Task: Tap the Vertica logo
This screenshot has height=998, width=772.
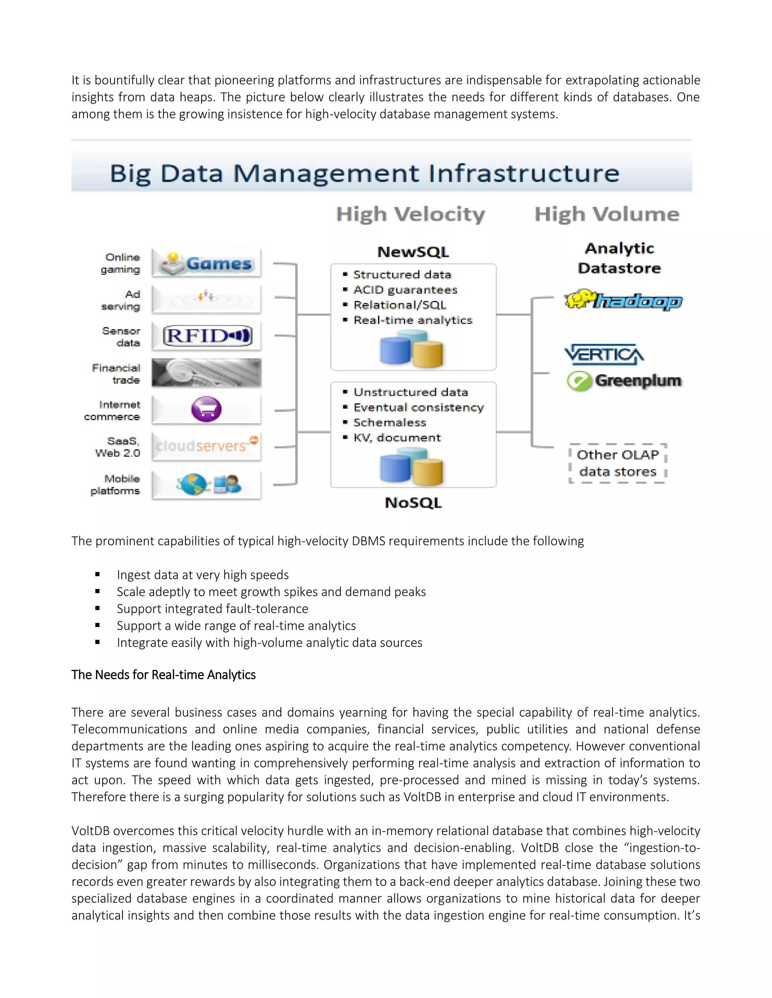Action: click(604, 355)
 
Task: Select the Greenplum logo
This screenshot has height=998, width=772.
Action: click(624, 381)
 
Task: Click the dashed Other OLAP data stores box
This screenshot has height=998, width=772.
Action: click(617, 463)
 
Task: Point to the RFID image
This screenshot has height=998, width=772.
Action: click(207, 336)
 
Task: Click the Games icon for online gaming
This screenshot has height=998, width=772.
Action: click(207, 263)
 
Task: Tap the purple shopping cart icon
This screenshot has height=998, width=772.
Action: click(206, 409)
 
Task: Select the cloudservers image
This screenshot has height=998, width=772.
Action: click(207, 446)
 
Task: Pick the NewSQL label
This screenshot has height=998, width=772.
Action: click(413, 252)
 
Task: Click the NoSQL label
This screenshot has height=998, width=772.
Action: click(413, 503)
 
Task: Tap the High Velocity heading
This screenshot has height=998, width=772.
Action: click(410, 214)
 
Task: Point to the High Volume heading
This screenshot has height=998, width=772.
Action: click(607, 214)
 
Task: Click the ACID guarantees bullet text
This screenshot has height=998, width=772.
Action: click(405, 290)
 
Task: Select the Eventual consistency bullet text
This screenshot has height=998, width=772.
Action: click(418, 407)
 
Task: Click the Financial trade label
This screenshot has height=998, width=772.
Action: click(116, 374)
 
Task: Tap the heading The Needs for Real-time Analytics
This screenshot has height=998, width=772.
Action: click(163, 675)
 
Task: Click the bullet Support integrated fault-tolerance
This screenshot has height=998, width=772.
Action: click(212, 609)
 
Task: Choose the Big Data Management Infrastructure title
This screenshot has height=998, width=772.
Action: click(365, 174)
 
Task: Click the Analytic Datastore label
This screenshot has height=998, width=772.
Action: click(619, 258)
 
